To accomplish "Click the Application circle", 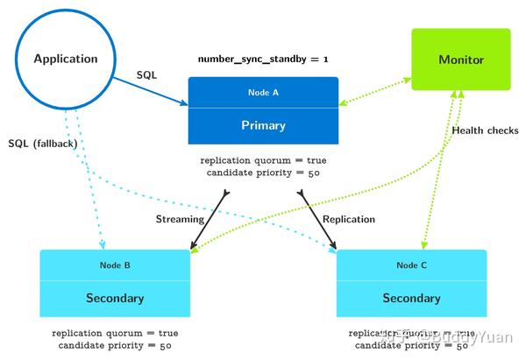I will [66, 59].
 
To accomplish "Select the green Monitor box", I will [460, 60].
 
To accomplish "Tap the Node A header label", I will [263, 91].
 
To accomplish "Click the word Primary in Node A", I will [263, 125].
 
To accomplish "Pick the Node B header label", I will [115, 264].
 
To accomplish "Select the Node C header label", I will [411, 265].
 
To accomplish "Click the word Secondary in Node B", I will [115, 298].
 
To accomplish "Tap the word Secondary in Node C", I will [411, 298].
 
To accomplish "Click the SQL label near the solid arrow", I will [146, 75].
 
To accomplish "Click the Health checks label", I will [485, 131].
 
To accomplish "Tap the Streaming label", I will [180, 219].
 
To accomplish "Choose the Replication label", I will [349, 219].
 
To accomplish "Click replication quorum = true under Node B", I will [115, 333].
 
